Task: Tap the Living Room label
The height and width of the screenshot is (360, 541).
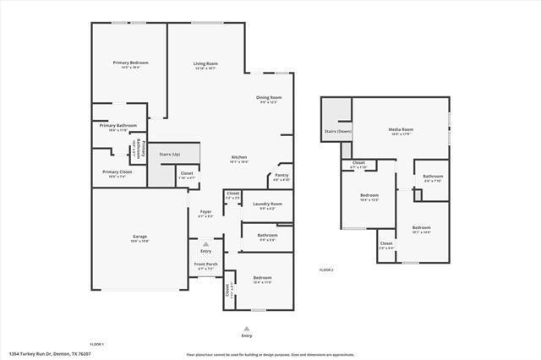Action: pos(205,63)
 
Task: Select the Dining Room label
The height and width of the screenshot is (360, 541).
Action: pos(269,97)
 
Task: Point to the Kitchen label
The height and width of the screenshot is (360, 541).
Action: pos(240,158)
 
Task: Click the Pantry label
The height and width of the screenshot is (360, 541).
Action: pos(281,176)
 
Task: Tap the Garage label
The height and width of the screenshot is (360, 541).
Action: pos(140,238)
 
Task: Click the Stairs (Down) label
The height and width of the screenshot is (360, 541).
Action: pos(337,131)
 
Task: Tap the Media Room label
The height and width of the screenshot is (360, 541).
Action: pos(400,129)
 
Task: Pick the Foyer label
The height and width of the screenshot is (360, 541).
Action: pos(205,211)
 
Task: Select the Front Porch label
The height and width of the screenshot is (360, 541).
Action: pos(206,264)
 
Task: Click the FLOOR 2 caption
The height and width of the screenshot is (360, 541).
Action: pos(326,270)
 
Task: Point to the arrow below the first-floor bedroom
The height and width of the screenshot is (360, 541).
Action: pos(247,327)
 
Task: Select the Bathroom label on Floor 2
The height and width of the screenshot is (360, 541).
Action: pos(432,176)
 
